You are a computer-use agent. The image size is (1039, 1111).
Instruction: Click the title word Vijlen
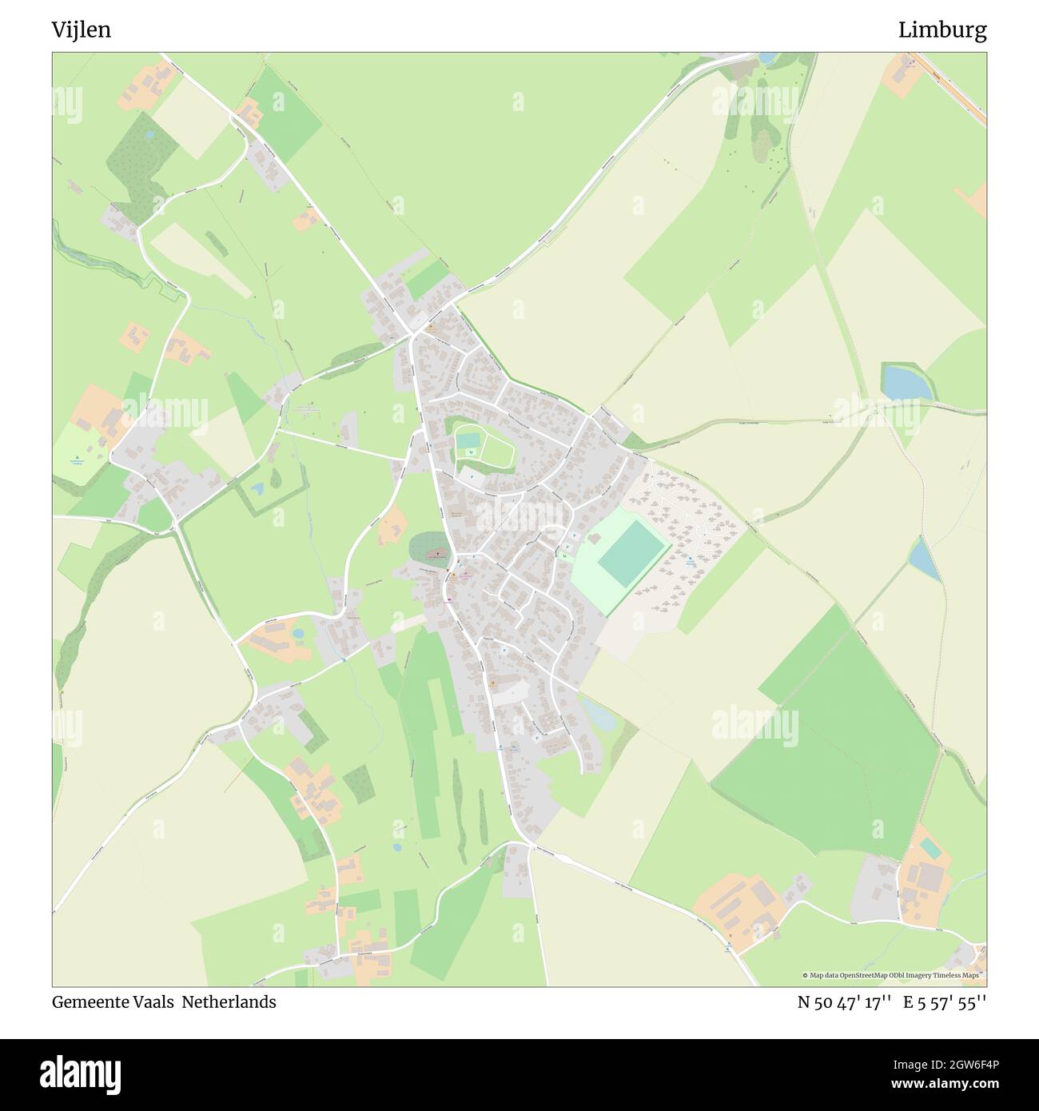[82, 30]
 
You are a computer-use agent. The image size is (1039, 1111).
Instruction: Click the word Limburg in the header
[941, 30]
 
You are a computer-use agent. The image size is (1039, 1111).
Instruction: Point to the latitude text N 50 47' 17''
[844, 1002]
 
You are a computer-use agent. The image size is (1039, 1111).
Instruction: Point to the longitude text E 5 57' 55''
[945, 1002]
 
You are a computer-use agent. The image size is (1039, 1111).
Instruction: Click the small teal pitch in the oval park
[468, 440]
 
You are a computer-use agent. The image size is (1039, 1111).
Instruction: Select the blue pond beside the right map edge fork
[907, 382]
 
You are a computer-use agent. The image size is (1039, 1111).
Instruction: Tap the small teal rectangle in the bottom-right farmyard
[930, 846]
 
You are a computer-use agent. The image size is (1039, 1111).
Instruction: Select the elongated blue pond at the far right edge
[923, 559]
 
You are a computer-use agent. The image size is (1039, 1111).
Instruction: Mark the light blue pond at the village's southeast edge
[599, 714]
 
